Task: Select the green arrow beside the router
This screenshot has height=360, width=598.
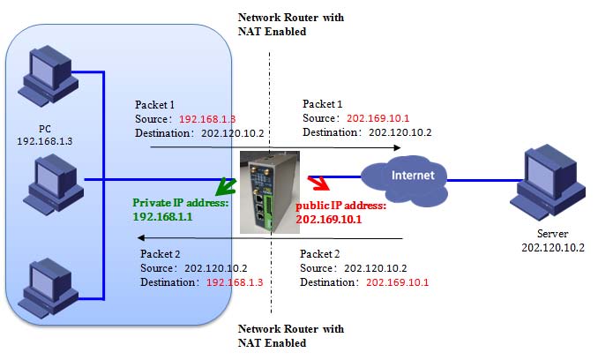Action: pyautogui.click(x=231, y=186)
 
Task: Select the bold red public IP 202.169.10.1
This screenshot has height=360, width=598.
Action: pyautogui.click(x=329, y=218)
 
